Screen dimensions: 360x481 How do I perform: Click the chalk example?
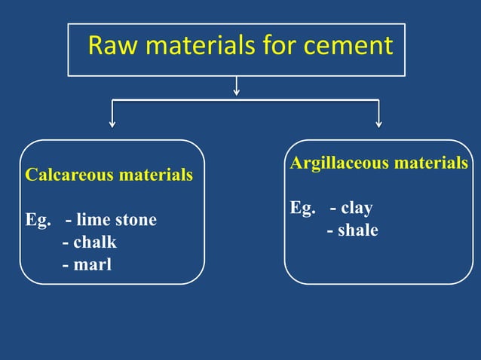tap(94, 243)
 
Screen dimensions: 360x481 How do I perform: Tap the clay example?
tap(356, 208)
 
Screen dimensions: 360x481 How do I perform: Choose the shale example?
tap(357, 230)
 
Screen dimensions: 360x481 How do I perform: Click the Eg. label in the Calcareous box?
tap(38, 220)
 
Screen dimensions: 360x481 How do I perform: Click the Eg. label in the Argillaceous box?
tap(302, 208)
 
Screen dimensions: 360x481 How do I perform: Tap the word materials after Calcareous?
tap(156, 175)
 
